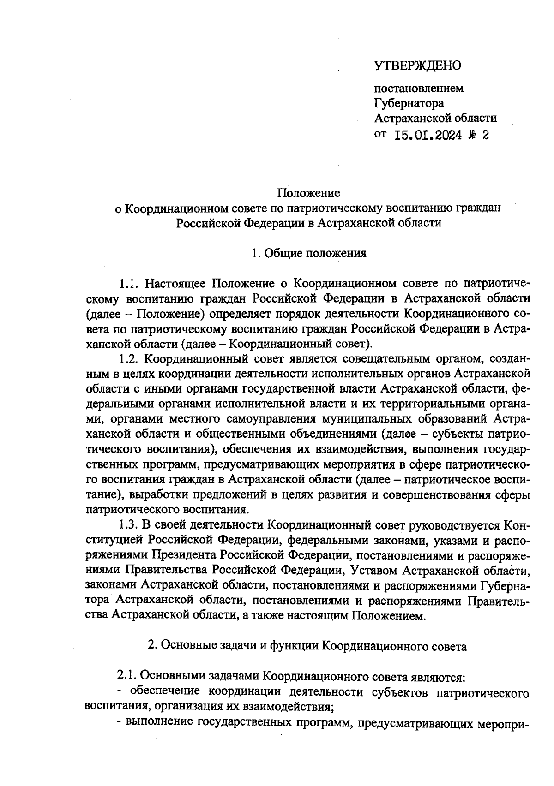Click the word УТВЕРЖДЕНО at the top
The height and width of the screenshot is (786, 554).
[x=417, y=66]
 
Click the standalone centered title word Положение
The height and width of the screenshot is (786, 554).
[x=308, y=192]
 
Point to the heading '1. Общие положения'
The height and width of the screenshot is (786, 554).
[x=309, y=253]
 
